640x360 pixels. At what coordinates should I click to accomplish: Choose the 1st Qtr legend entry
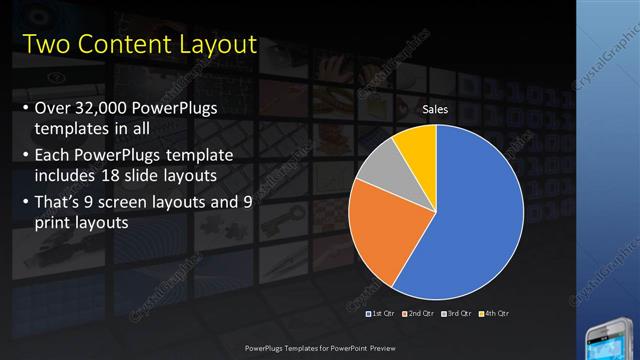381,313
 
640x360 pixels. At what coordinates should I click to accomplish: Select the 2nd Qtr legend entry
418,313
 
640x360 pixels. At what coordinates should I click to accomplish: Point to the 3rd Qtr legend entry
456,313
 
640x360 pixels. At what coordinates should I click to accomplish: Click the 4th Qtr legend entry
493,313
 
